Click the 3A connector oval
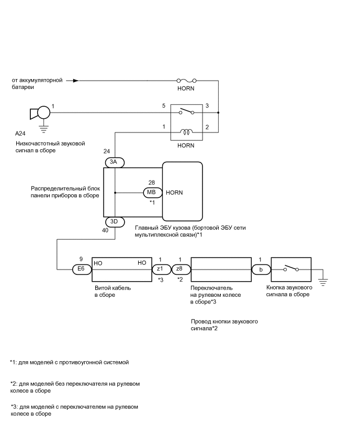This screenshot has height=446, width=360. coord(114,162)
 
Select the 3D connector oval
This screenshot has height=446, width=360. coord(114,221)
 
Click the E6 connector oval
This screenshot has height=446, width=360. coord(81,269)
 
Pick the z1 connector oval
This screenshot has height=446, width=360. coord(161,269)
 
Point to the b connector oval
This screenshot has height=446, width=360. coord(261,269)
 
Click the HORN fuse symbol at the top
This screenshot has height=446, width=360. coord(186,81)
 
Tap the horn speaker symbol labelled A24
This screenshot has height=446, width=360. coord(40,113)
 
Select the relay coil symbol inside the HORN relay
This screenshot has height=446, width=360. coord(186,131)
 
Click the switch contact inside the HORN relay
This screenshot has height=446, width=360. coord(186,111)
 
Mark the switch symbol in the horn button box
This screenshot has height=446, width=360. coord(291,269)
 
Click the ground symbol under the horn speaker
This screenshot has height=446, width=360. coord(43,126)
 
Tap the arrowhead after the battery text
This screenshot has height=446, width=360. coord(76,81)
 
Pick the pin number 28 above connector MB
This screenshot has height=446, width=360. coord(152,183)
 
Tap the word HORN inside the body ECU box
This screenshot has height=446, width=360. coord(174,193)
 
